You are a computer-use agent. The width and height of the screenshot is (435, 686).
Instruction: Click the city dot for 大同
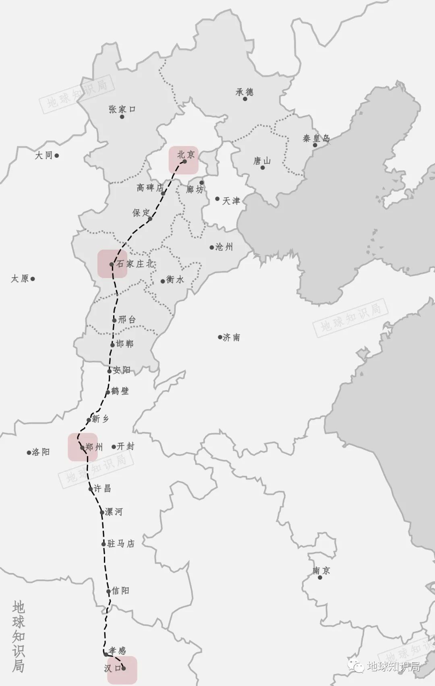[x=57, y=155]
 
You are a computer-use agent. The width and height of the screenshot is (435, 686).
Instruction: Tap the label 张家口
[x=122, y=109]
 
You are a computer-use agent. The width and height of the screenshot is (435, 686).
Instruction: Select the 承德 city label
[x=244, y=92]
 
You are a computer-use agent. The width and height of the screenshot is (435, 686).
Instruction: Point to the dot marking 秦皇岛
[x=315, y=145]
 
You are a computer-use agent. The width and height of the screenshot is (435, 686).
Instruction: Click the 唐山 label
[x=262, y=161]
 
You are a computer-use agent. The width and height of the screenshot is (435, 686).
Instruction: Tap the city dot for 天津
[x=217, y=198]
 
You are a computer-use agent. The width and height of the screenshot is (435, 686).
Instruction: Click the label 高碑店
[x=150, y=188]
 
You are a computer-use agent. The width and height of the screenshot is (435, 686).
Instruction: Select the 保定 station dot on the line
[x=150, y=219]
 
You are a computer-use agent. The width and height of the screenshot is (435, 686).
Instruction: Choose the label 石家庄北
[x=135, y=264]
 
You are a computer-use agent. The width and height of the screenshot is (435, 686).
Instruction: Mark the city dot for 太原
[x=33, y=279]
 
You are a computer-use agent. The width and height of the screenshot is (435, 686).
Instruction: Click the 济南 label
[x=232, y=337]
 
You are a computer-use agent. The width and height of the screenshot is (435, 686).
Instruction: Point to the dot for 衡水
[x=163, y=281]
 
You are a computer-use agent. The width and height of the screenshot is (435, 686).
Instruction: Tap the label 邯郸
[x=125, y=344]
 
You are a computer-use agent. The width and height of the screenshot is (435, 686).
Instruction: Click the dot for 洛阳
[x=29, y=453]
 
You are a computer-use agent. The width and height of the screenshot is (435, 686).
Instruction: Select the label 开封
[x=126, y=446]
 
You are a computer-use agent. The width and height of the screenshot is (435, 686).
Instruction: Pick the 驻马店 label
[x=121, y=544]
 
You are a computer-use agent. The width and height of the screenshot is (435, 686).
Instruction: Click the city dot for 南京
[x=320, y=577]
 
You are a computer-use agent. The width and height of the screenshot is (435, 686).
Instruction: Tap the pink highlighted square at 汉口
[x=122, y=670]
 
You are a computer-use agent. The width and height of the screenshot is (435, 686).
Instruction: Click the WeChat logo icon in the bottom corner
[x=356, y=667]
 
